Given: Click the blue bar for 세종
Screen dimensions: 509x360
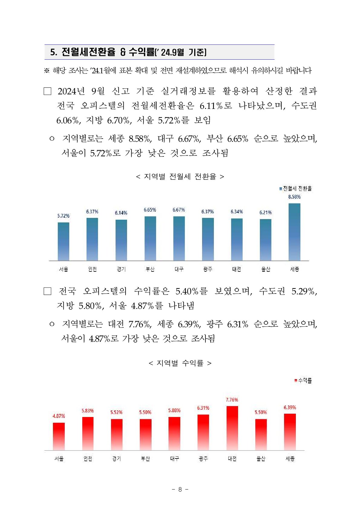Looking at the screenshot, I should click(x=294, y=232).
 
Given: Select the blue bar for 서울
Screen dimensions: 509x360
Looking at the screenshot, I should click(x=64, y=241).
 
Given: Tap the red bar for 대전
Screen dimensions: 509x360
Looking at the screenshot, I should click(x=232, y=428).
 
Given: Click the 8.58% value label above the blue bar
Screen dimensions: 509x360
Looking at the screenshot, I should click(x=294, y=197).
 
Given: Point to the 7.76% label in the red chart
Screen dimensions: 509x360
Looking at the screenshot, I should click(x=232, y=400).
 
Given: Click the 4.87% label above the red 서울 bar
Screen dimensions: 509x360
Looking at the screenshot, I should click(x=59, y=416).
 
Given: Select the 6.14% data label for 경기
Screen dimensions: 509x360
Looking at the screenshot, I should click(x=121, y=213).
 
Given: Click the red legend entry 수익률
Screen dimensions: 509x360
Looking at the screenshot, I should click(x=303, y=380).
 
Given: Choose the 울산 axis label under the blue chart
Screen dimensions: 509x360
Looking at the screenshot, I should click(x=266, y=269).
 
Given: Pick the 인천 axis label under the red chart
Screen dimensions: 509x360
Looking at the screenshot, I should click(x=88, y=459).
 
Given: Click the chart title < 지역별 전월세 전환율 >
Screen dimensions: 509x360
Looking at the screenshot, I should click(x=180, y=176).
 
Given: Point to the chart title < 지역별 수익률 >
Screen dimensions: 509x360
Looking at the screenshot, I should click(x=180, y=363).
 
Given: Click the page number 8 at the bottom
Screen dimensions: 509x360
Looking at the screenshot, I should click(x=180, y=489).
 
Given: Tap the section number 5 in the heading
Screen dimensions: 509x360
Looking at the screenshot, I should click(x=53, y=52).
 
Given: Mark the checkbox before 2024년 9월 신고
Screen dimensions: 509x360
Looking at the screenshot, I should click(x=47, y=91).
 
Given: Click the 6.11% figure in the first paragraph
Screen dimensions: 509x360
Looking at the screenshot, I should click(x=211, y=106).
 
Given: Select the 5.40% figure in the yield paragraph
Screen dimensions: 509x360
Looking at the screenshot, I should click(x=187, y=291).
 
